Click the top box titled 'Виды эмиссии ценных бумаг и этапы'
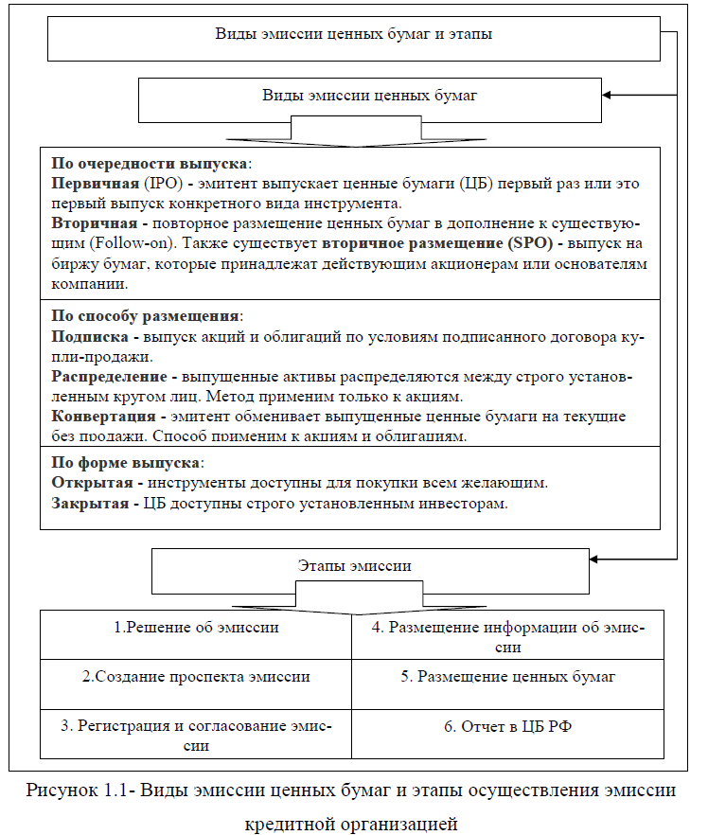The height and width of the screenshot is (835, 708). coord(354,36)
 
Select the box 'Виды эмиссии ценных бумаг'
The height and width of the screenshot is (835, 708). coord(369,96)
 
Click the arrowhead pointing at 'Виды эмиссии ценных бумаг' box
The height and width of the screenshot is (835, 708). coord(609,95)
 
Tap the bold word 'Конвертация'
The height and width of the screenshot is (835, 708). coord(104,416)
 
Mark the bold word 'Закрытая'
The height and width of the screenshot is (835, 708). coord(90,503)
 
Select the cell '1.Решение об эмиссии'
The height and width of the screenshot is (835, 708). coord(196,627)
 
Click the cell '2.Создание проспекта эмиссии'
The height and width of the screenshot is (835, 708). coord(196,678)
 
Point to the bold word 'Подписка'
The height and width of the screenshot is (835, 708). coord(90,336)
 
